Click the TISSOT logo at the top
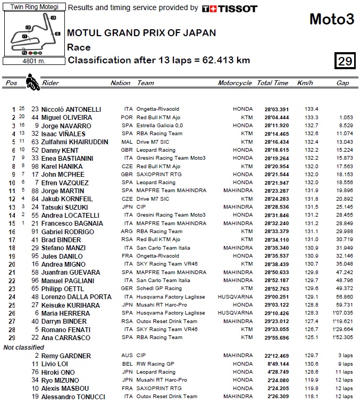pos(230,9)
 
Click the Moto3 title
pos(331,20)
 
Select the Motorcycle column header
pos(235,83)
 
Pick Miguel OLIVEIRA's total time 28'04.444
pos(273,118)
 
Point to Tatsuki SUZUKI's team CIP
pos(141,207)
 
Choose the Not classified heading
pos(23,347)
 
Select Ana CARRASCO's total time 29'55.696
pos(273,337)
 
